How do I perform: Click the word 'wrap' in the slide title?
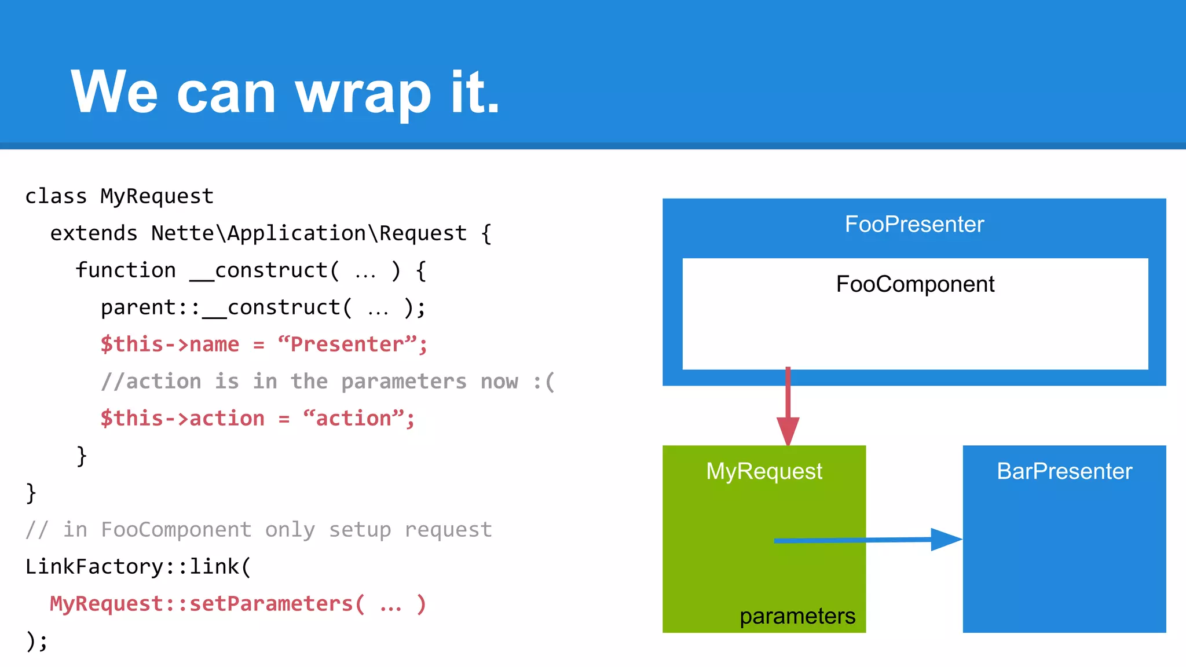[363, 93]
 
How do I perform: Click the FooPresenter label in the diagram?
[914, 224]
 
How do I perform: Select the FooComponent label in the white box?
[915, 284]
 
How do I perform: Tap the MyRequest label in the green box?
[764, 471]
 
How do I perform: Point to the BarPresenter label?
[1064, 471]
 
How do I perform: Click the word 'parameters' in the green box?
[797, 616]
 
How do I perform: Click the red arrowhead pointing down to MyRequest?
[788, 430]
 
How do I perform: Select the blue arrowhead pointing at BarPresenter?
[945, 539]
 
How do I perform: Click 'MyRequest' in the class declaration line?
[157, 196]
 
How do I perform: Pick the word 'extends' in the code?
[94, 233]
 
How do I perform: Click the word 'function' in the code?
[126, 270]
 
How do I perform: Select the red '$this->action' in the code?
[182, 419]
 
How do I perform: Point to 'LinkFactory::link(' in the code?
[138, 567]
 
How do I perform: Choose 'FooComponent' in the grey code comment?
[176, 530]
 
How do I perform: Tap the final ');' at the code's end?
[37, 641]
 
